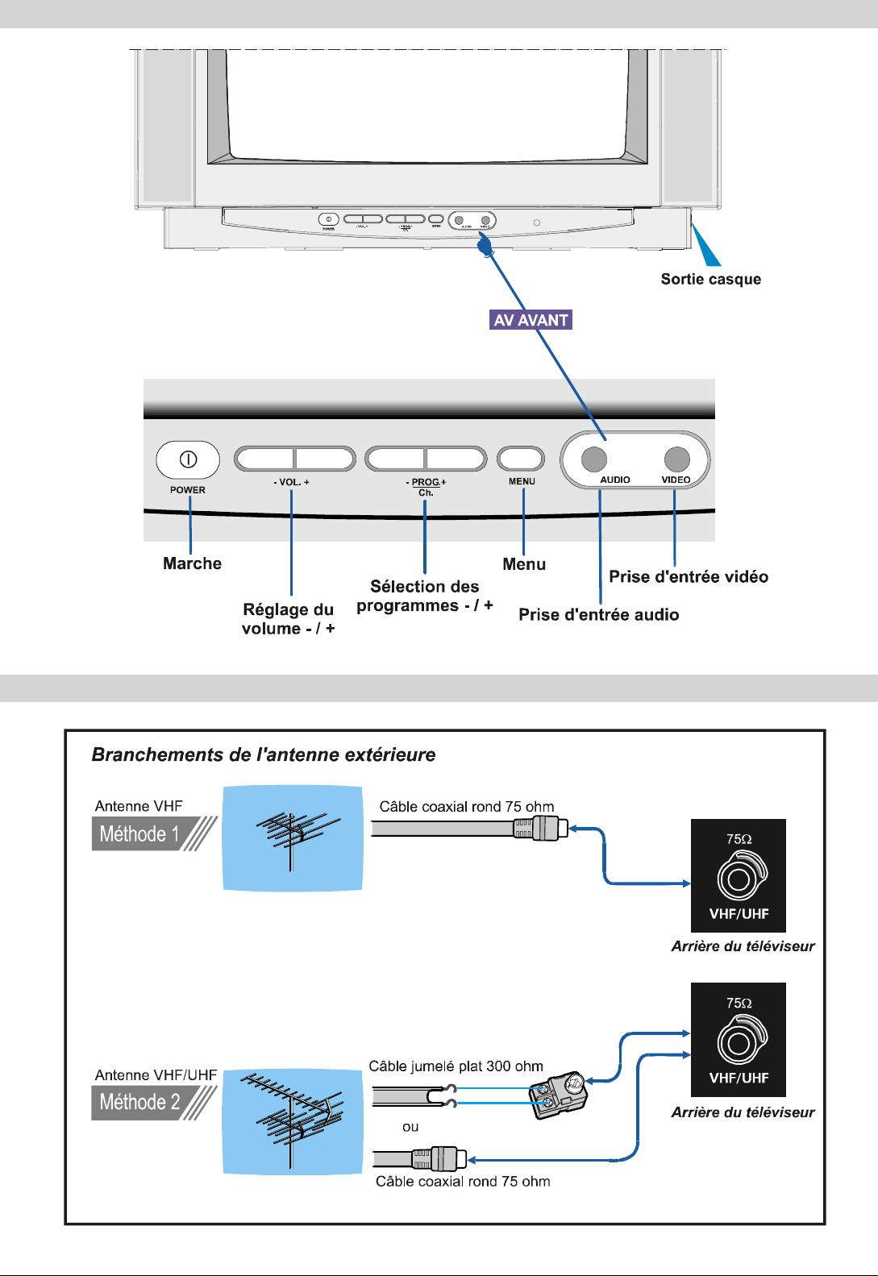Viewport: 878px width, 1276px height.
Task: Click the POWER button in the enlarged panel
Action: [188, 459]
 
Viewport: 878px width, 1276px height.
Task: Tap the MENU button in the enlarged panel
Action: [521, 459]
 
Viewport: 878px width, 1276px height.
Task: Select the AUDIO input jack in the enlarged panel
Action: [594, 459]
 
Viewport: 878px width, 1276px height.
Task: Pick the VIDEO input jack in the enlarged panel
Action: [677, 459]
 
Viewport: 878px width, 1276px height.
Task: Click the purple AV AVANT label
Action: [531, 320]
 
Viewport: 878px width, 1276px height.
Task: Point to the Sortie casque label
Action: [710, 279]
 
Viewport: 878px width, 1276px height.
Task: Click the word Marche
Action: [192, 563]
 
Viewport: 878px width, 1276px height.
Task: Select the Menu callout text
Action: [524, 564]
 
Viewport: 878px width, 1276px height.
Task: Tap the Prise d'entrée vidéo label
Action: [689, 576]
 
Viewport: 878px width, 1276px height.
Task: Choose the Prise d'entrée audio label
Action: [598, 614]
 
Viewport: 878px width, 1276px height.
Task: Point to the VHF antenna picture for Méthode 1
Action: [292, 838]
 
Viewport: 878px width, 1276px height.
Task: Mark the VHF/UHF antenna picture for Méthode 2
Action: [292, 1121]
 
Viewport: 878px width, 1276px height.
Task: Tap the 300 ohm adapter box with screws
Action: [558, 1094]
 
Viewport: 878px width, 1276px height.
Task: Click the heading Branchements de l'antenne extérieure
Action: [264, 754]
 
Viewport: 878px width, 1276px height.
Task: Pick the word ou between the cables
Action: [410, 1127]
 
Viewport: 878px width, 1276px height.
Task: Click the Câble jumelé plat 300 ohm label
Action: [456, 1066]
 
